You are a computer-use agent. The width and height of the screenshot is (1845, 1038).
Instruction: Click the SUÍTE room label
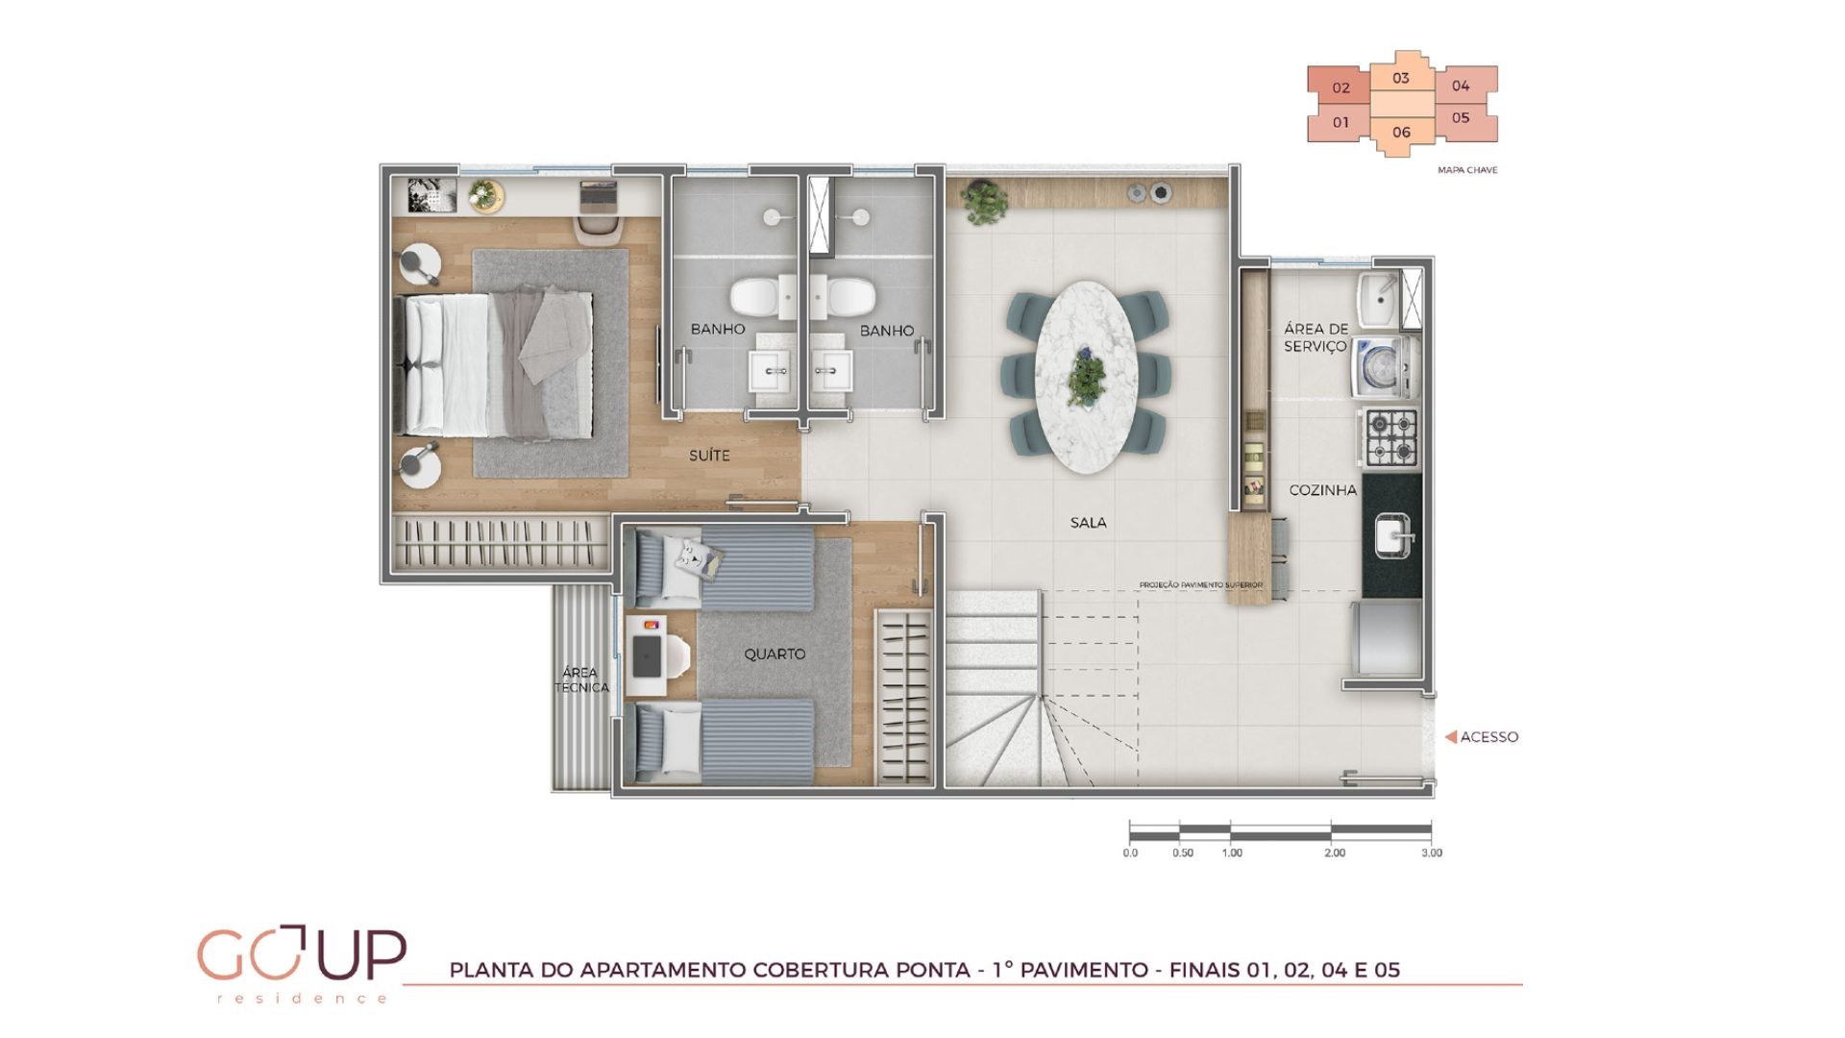pyautogui.click(x=709, y=456)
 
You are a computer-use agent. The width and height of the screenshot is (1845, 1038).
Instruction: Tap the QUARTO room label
pyautogui.click(x=775, y=654)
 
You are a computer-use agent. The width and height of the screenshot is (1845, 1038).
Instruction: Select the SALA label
pyautogui.click(x=1089, y=523)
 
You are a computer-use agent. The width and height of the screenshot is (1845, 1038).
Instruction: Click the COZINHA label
pyautogui.click(x=1323, y=490)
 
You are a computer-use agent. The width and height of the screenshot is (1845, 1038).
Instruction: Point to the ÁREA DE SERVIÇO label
pyautogui.click(x=1316, y=337)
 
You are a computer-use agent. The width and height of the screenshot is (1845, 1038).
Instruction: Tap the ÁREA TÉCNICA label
pyautogui.click(x=581, y=680)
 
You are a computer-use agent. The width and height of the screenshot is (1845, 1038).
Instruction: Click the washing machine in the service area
pyautogui.click(x=1385, y=366)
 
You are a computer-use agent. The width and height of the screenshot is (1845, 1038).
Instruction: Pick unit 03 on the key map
pyautogui.click(x=1401, y=78)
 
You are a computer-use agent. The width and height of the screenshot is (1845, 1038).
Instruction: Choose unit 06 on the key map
pyautogui.click(x=1401, y=133)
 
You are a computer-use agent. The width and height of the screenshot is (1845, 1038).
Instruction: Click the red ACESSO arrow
pyautogui.click(x=1451, y=737)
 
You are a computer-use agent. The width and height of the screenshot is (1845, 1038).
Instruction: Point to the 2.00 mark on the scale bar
pyautogui.click(x=1334, y=853)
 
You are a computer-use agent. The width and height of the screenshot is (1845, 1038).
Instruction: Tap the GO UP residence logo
pyautogui.click(x=302, y=963)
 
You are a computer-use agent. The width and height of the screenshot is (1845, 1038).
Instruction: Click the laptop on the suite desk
pyautogui.click(x=599, y=195)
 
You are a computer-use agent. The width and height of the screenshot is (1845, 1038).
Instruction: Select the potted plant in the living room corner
pyautogui.click(x=984, y=202)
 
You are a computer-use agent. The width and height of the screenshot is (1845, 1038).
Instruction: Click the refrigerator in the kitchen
pyautogui.click(x=1385, y=638)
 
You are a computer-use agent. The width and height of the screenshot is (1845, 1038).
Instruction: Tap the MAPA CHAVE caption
pyautogui.click(x=1467, y=170)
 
